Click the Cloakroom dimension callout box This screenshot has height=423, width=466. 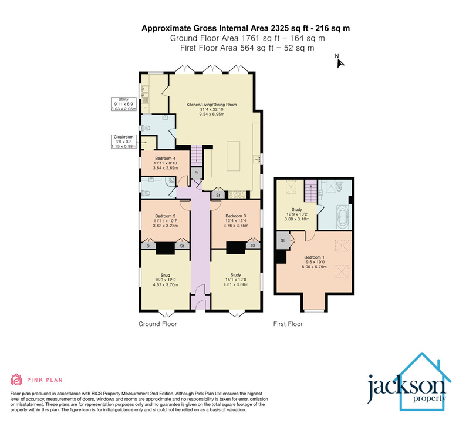coord(123,142)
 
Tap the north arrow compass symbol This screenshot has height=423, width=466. coord(339,61)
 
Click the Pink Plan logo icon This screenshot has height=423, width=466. coord(16,380)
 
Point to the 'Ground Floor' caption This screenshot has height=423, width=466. coord(157,324)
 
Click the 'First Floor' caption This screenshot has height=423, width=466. coord(289,324)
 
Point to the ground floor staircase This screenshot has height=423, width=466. coord(196,155)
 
